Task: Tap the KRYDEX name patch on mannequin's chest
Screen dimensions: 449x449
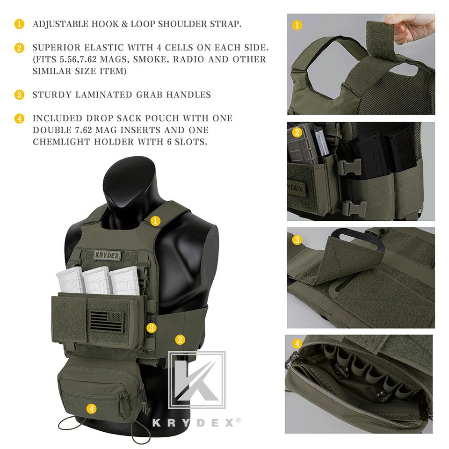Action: [107, 255]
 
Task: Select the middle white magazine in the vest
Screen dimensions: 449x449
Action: [97, 280]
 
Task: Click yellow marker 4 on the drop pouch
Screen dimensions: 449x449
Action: [92, 408]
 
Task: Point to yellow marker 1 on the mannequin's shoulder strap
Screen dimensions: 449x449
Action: [156, 221]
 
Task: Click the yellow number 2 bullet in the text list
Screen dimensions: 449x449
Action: [19, 48]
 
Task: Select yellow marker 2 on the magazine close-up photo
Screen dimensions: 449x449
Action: [297, 132]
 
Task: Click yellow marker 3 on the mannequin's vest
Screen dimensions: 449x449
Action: [151, 328]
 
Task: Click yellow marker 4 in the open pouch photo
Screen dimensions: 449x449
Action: [297, 344]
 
